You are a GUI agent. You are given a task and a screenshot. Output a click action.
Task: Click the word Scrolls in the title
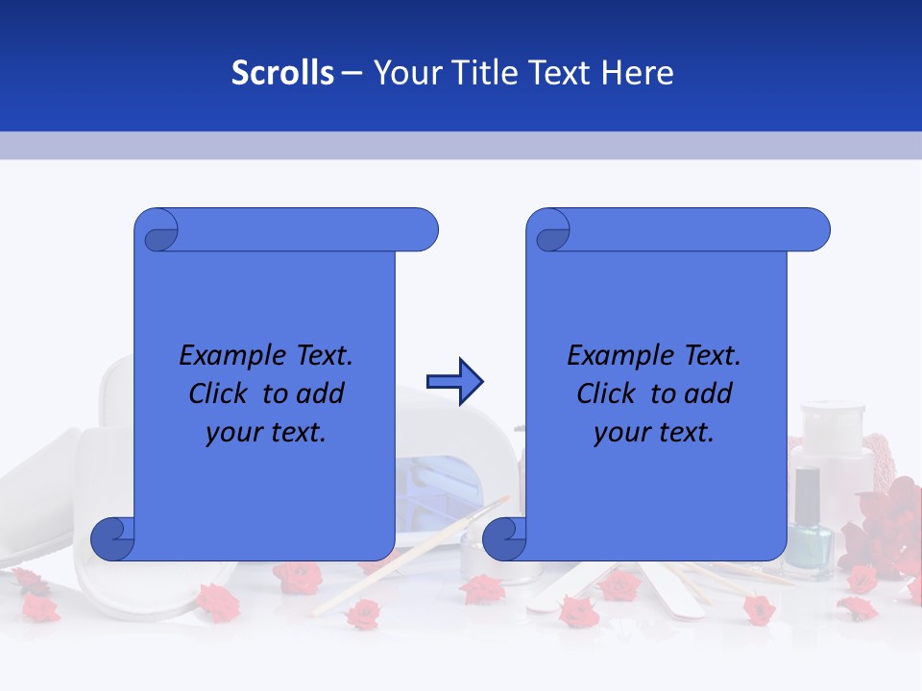point(282,73)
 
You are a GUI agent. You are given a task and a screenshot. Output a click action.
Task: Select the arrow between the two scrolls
point(454,381)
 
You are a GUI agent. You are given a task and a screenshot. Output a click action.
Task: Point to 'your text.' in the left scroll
point(266,433)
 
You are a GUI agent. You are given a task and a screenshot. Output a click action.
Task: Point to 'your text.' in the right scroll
point(654,433)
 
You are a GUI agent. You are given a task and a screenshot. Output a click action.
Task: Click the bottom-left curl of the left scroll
point(113,538)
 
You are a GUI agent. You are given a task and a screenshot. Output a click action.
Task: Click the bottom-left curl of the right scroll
point(504,538)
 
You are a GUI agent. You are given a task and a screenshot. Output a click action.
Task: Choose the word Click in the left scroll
point(221,393)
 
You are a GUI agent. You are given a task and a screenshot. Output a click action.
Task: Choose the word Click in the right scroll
point(609,393)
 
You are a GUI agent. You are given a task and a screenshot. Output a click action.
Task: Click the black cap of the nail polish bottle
point(808,489)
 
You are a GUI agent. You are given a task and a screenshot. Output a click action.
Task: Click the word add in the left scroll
point(320,393)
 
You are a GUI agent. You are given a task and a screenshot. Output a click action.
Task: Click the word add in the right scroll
point(708,393)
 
